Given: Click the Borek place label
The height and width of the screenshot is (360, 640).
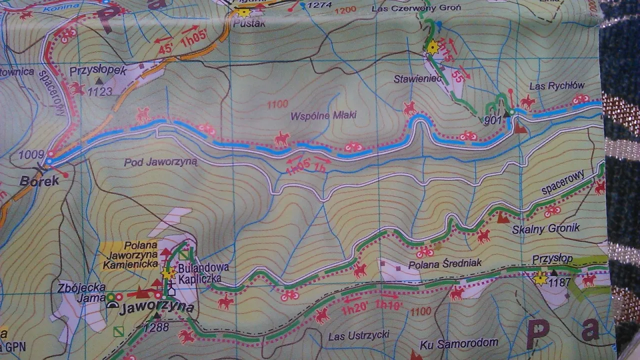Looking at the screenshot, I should (39, 181).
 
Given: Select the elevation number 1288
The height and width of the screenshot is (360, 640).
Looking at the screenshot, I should (155, 327).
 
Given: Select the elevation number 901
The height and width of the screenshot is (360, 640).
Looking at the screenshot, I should (493, 120).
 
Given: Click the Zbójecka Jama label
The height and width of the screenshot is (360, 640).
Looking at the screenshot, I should (81, 292).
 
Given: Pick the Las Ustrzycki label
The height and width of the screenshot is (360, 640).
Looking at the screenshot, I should (358, 336).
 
